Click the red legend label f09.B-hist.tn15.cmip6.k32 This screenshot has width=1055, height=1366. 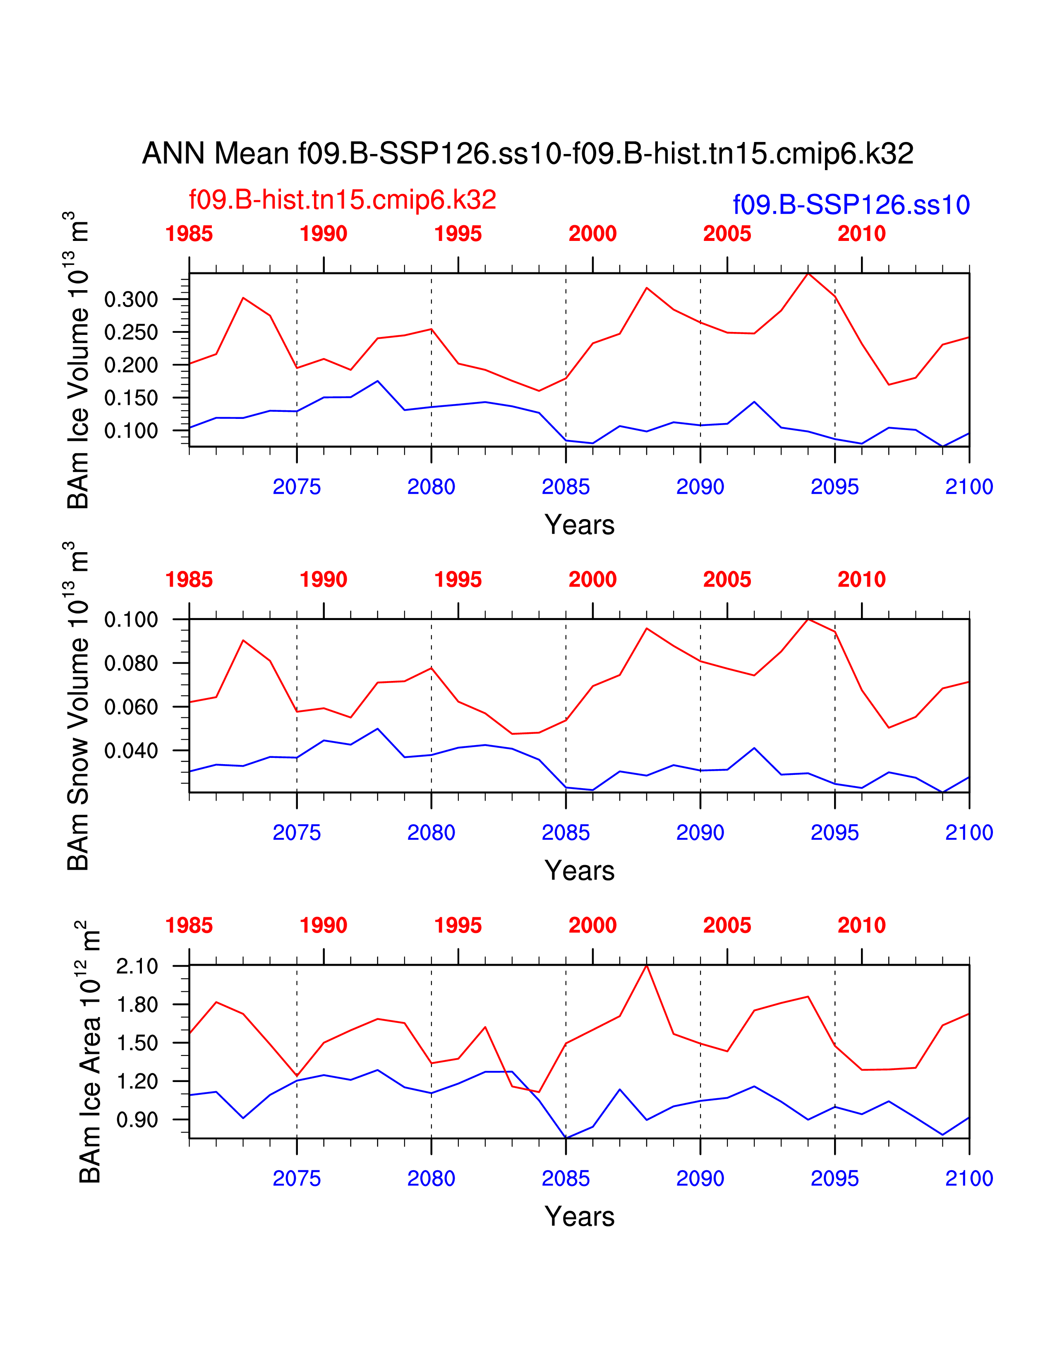[x=343, y=200]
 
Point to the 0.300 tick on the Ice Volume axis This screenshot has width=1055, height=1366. [x=131, y=300]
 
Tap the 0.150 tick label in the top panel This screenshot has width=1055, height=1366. [x=131, y=398]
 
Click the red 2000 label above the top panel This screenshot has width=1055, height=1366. [x=592, y=234]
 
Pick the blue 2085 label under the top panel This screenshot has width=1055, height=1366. [x=566, y=487]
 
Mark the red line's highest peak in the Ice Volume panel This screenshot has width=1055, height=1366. [x=808, y=273]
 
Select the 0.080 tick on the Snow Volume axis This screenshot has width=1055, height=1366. [x=131, y=663]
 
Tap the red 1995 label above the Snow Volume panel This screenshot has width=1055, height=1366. [x=458, y=580]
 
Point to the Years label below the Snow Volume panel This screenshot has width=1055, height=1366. [x=579, y=871]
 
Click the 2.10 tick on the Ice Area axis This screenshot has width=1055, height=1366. [x=137, y=966]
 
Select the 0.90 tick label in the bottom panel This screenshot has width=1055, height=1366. [x=137, y=1120]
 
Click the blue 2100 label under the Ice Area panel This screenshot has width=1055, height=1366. [x=969, y=1178]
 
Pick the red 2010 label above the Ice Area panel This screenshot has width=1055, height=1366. [x=861, y=926]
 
